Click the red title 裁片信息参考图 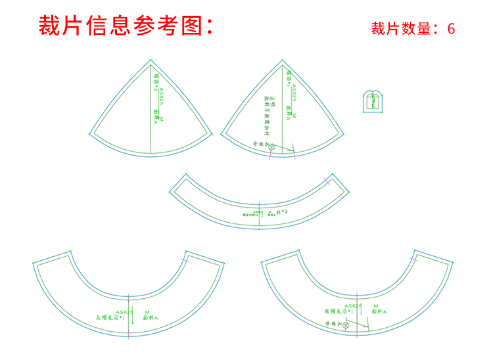tap(125, 26)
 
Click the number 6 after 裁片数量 tap(451, 29)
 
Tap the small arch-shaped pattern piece tap(373, 101)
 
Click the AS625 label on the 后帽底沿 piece tap(125, 312)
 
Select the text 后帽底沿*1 tap(110, 318)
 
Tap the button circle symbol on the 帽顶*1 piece tap(271, 148)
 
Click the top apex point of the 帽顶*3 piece tap(151, 60)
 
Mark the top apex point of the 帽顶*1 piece tap(284, 60)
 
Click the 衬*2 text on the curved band tap(282, 212)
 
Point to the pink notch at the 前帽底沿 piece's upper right tap(415, 260)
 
